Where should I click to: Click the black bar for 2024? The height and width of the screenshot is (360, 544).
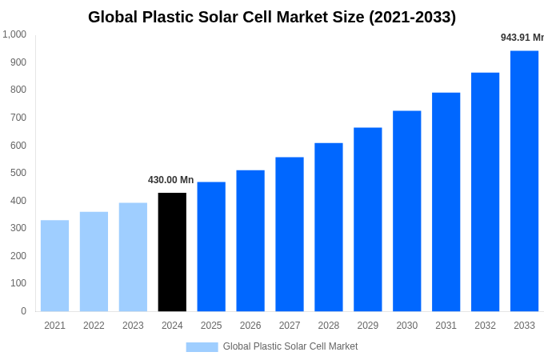[x=172, y=252]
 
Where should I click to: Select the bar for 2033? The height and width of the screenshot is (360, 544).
[x=524, y=181]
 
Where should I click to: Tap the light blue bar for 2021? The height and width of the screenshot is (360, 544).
[x=54, y=266]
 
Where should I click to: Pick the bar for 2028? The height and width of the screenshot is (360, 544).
[x=328, y=227]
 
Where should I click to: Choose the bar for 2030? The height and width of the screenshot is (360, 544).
[x=406, y=211]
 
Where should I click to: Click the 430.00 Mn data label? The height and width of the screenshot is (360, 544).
[x=170, y=180]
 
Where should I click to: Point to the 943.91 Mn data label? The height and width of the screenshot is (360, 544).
[x=522, y=38]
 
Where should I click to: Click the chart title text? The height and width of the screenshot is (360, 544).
[x=272, y=17]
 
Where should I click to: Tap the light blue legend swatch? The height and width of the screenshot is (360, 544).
[x=202, y=346]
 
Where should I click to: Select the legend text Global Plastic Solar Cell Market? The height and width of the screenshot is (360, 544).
[x=290, y=346]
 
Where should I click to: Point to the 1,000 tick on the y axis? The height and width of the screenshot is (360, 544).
[x=14, y=34]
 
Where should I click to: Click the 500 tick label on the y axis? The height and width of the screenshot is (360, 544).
[x=18, y=173]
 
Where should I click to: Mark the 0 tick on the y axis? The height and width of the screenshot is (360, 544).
[x=23, y=311]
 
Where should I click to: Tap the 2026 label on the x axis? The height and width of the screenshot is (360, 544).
[x=250, y=326]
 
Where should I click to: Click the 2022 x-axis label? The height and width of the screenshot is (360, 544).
[x=94, y=326]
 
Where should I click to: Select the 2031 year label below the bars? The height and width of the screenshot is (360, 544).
[x=446, y=326]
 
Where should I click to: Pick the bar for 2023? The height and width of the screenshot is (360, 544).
[x=133, y=257]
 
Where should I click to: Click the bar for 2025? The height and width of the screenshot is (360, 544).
[x=211, y=246]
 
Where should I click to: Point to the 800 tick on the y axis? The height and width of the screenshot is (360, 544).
[x=18, y=90]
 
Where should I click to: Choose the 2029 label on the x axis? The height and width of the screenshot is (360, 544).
[x=367, y=326]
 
